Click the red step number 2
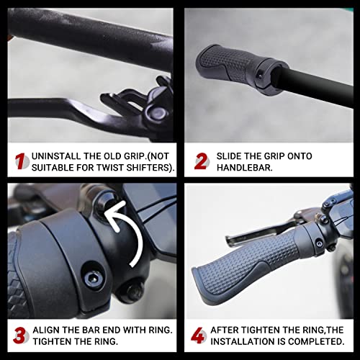(201, 161)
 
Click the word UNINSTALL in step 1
(57, 156)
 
